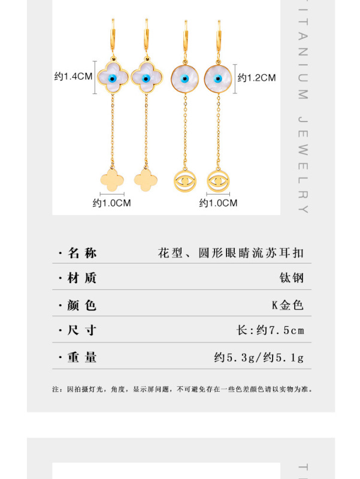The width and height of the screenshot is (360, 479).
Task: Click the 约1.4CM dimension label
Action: (72, 77)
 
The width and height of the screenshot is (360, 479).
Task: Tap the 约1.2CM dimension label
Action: (256, 77)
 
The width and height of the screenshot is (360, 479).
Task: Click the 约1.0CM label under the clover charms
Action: (111, 203)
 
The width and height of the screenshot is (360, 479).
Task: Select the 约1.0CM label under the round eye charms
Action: (218, 203)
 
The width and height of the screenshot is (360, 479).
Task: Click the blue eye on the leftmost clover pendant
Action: (111, 78)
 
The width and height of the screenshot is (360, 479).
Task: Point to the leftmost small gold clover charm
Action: (111, 178)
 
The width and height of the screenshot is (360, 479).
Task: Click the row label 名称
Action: (82, 253)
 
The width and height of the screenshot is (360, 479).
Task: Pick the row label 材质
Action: (82, 278)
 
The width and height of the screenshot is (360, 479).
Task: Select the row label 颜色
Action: (82, 305)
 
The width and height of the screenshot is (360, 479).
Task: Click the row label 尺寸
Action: (82, 331)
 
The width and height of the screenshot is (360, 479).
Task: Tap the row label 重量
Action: (82, 357)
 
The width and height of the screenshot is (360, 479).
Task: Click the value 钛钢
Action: (292, 278)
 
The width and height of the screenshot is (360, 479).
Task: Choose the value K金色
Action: (288, 305)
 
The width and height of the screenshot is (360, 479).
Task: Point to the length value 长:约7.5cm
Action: (271, 331)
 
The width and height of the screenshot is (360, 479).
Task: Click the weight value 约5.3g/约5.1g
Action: (259, 358)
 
